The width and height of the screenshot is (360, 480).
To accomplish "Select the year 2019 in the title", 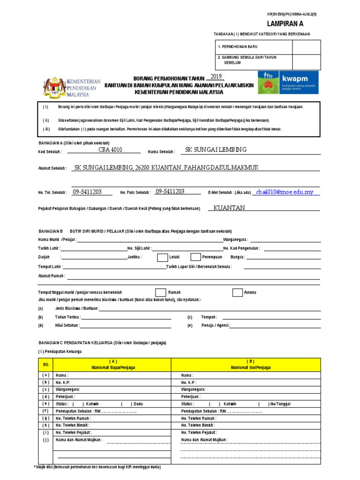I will pyautogui.click(x=216, y=76).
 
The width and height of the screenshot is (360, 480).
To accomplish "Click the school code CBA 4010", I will pyautogui.click(x=110, y=150).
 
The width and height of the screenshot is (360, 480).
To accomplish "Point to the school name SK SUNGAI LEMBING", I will pyautogui.click(x=216, y=150).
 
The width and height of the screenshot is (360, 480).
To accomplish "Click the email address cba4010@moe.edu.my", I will pyautogui.click(x=285, y=192).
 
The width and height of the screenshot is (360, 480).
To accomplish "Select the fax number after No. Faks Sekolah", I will pyautogui.click(x=170, y=192).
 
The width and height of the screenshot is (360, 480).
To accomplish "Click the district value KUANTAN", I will pyautogui.click(x=229, y=208).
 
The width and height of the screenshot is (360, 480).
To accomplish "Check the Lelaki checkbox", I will pyautogui.click(x=162, y=257).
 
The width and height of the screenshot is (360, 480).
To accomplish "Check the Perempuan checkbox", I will pyautogui.click(x=195, y=257).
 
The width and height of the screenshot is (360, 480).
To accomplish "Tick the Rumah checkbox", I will pyautogui.click(x=160, y=292).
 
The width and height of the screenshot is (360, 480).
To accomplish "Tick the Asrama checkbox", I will pyautogui.click(x=237, y=292).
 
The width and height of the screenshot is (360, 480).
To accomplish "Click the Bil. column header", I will pyautogui.click(x=46, y=364).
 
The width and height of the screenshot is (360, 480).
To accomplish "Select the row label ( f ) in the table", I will pyautogui.click(x=46, y=411).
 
